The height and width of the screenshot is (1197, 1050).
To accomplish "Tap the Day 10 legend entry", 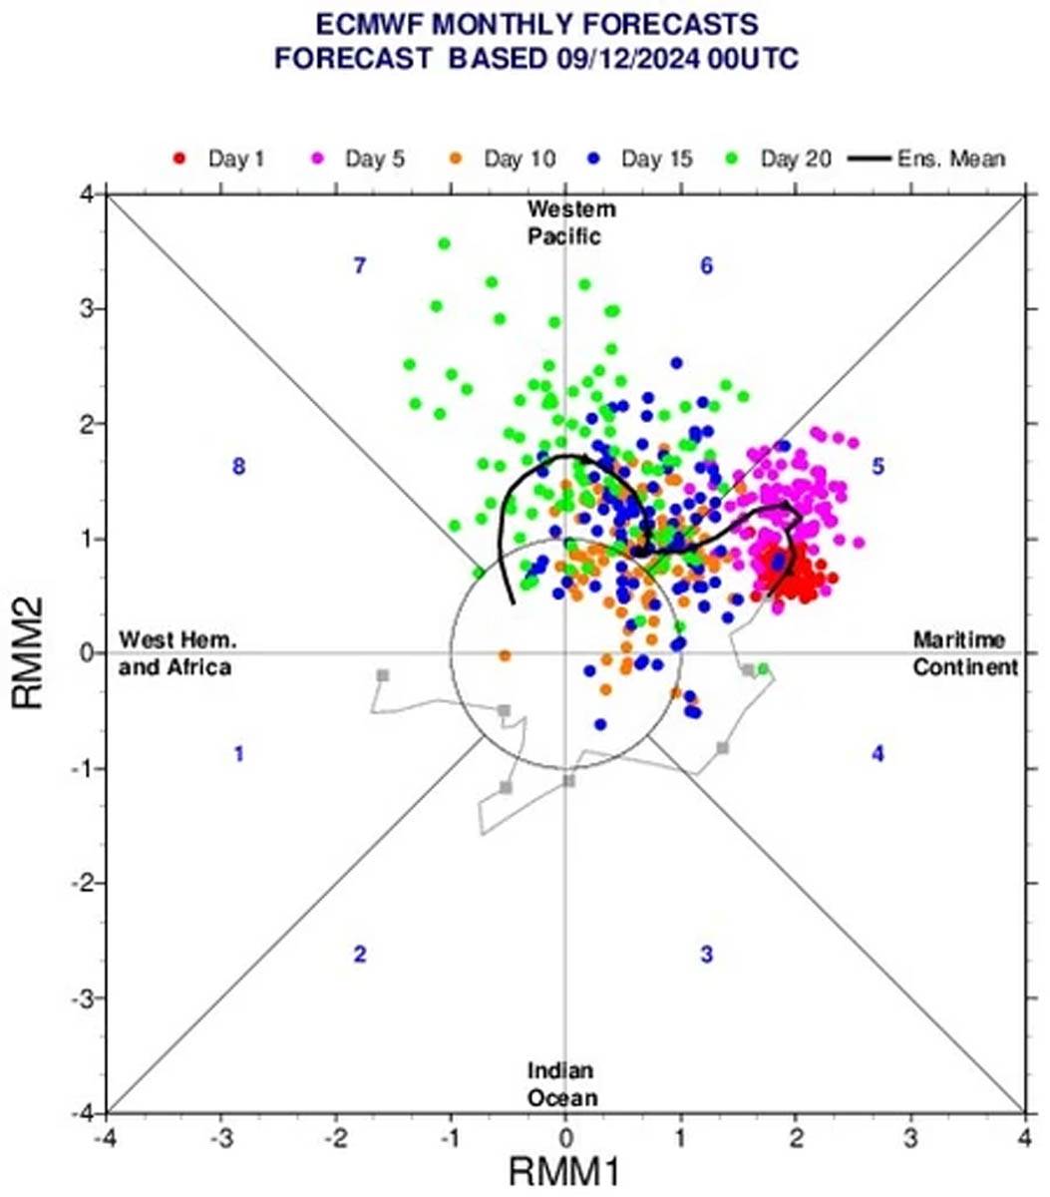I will click(x=505, y=159).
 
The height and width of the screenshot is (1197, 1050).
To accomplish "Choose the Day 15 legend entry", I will click(x=642, y=159).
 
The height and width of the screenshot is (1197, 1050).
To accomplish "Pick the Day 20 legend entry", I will click(x=782, y=159).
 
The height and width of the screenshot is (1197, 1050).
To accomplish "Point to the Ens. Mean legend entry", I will click(x=927, y=159).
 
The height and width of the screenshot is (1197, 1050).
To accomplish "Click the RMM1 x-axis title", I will click(x=564, y=1170).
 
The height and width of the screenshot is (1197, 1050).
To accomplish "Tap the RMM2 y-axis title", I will click(x=30, y=653).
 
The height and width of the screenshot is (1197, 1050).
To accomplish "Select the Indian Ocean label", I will click(x=563, y=1084).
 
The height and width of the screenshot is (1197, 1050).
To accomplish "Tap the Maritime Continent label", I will click(x=965, y=653).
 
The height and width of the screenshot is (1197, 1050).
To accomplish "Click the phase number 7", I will click(x=361, y=265).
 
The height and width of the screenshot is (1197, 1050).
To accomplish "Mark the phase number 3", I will click(x=706, y=955).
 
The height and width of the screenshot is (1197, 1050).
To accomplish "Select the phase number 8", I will click(x=238, y=466).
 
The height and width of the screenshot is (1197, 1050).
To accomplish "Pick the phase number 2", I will click(x=360, y=955).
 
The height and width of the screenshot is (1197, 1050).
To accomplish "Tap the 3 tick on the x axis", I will click(x=910, y=1137).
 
